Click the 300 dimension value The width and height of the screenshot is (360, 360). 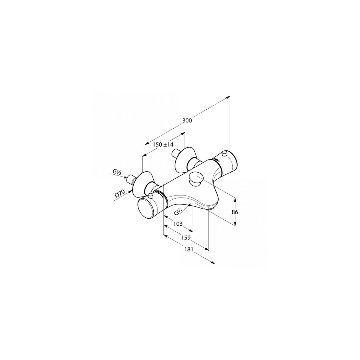coord(187,120)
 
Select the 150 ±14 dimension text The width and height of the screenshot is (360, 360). coord(163,144)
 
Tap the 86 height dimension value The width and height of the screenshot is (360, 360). coord(235,212)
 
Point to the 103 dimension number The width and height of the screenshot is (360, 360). coord(178,223)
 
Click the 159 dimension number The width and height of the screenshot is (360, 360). coord(186,238)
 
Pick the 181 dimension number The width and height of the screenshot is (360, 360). coord(188,250)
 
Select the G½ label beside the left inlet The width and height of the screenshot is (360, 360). coord(117,172)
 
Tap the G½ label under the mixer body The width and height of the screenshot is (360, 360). coord(178,211)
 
